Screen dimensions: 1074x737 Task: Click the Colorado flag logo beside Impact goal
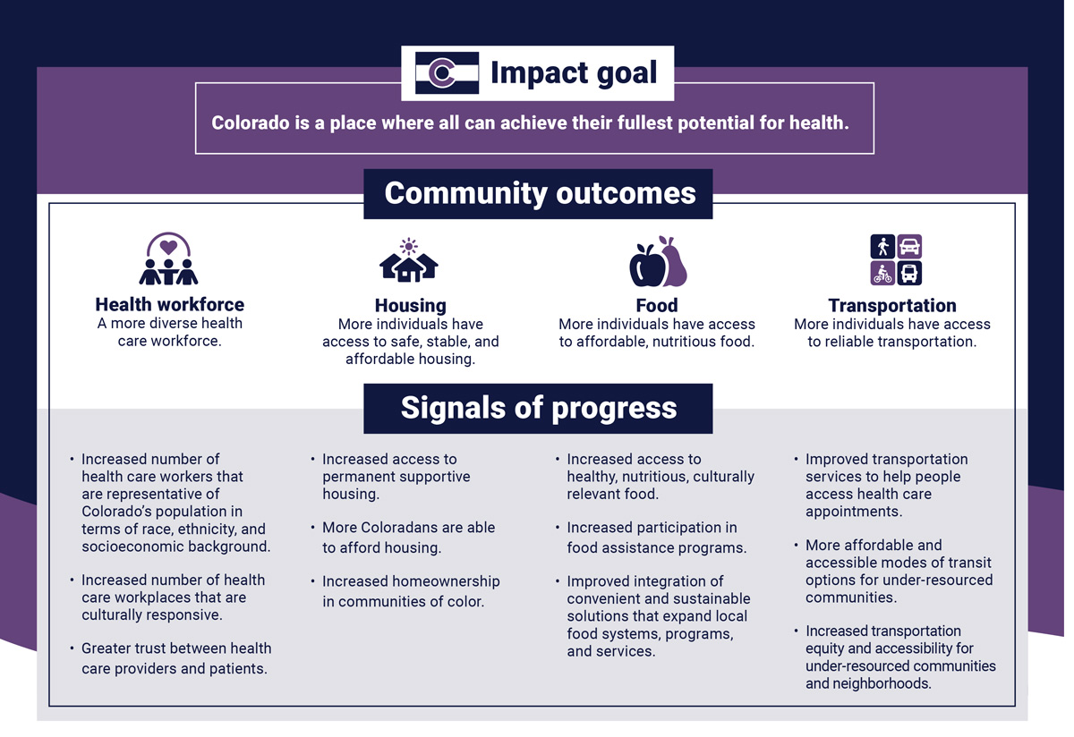447,72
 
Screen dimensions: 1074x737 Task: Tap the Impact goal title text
574,73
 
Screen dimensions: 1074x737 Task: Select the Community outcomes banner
538,194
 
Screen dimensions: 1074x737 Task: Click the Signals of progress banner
538,409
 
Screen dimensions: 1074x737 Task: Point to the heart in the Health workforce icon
168,247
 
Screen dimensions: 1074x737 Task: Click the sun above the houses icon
408,246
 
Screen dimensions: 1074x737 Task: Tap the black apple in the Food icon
647,266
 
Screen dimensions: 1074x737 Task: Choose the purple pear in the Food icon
673,262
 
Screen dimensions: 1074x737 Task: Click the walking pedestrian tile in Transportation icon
882,247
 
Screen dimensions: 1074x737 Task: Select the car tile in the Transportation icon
909,247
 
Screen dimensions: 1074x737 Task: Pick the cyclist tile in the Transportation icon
882,273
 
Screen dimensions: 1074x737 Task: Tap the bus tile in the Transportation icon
909,273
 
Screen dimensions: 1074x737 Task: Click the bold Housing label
411,306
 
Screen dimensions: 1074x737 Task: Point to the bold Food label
657,306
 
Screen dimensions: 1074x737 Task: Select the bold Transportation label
892,306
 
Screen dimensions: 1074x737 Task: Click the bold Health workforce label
170,305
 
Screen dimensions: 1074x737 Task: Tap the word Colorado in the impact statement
251,123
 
